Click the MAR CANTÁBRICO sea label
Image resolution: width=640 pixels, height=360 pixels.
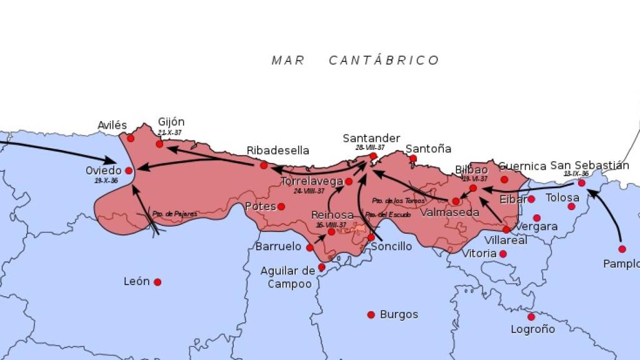click(355, 61)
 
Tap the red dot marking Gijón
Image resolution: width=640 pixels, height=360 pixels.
click(159, 144)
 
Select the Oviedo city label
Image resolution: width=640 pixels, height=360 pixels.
click(104, 171)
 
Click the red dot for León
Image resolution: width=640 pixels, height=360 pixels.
click(157, 282)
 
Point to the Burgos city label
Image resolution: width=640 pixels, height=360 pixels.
click(399, 314)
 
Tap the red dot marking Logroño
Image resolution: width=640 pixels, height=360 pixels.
click(531, 316)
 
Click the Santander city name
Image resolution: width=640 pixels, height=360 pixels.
click(371, 138)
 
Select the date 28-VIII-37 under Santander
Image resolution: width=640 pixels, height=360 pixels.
click(370, 147)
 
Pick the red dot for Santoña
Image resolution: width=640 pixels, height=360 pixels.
click(413, 158)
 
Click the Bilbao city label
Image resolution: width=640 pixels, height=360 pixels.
click(471, 169)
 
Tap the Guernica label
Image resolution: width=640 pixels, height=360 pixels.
click(522, 166)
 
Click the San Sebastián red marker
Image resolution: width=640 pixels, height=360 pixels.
click(581, 182)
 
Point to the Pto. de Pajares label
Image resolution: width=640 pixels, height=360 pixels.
click(175, 214)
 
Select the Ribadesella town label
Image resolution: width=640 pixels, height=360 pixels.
click(277, 151)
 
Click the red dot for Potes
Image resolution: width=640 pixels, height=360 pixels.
click(281, 206)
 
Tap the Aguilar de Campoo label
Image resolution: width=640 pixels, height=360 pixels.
click(287, 277)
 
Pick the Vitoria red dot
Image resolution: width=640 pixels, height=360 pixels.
click(502, 254)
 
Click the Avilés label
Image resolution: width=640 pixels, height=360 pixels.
click(112, 126)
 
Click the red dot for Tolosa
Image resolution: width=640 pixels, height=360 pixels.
click(571, 206)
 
